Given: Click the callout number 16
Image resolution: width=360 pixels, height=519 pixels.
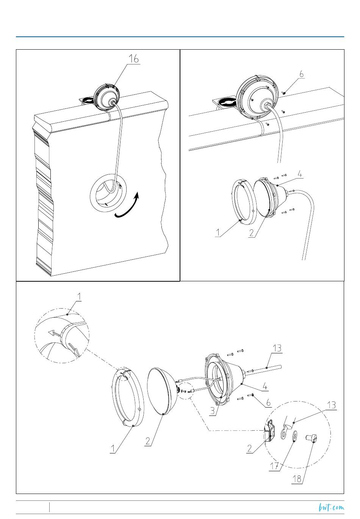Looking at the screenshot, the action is pos(133,59).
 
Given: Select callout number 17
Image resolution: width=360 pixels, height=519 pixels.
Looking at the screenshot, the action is pos(275,466).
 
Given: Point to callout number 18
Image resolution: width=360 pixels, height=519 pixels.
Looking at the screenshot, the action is pos(297,479).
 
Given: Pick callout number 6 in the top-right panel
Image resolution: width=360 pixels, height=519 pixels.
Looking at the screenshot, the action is pos(301,74).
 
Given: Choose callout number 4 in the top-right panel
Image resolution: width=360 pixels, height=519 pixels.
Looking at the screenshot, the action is pos(300,174).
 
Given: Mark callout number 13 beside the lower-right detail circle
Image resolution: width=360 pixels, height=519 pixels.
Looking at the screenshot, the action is pos(331,405).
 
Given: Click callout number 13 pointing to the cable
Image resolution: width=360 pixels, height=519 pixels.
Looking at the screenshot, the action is pos(277,348).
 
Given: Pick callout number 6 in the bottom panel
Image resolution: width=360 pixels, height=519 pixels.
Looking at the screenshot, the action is pos(268,402).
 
